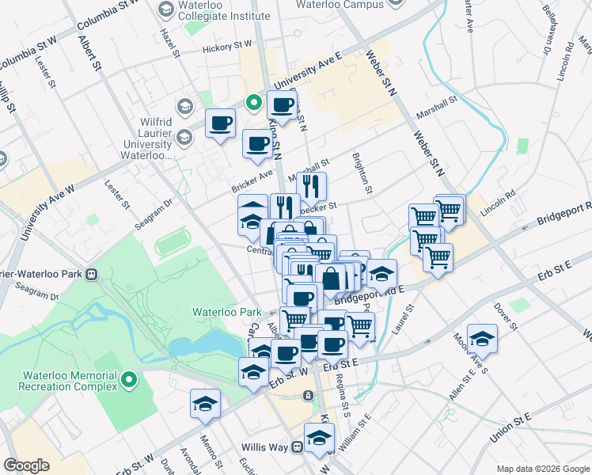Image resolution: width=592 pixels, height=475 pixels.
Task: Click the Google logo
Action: [x=27, y=465]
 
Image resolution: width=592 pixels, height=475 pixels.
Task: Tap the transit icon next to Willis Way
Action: [x=297, y=446]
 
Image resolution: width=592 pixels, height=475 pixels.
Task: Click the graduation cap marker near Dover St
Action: [x=482, y=339]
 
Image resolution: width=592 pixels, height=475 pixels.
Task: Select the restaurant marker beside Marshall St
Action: [x=310, y=187]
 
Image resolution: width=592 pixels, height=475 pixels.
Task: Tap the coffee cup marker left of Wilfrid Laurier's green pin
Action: [x=221, y=123]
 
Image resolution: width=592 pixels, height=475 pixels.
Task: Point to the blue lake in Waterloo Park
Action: [x=202, y=344]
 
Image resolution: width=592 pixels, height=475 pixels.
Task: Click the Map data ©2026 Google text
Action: [x=542, y=468]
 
